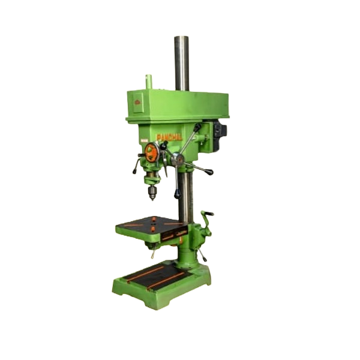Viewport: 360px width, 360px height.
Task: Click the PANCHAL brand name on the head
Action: tap(169, 137)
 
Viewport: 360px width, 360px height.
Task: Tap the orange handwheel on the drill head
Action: tap(152, 153)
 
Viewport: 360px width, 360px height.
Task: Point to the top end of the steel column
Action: tap(181, 39)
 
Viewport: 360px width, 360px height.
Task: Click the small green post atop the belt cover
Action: tap(149, 81)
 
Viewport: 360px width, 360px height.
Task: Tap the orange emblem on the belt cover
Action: tap(137, 102)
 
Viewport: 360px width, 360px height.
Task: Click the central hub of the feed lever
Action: tap(178, 159)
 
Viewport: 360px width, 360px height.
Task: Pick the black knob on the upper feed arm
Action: tap(197, 127)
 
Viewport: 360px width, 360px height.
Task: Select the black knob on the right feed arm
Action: tap(209, 173)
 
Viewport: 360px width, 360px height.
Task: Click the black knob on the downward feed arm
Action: tap(176, 194)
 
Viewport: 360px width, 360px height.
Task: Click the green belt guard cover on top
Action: tap(177, 104)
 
